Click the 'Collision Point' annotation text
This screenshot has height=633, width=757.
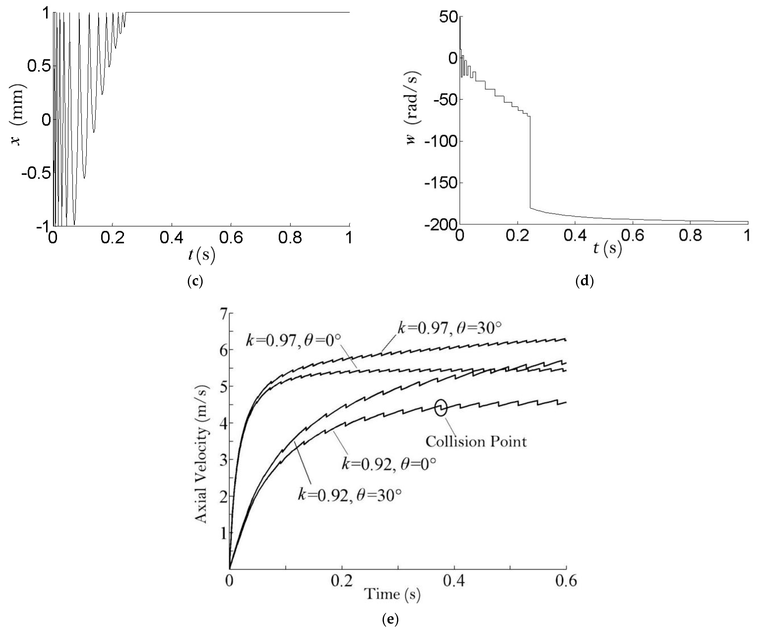(476, 442)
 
